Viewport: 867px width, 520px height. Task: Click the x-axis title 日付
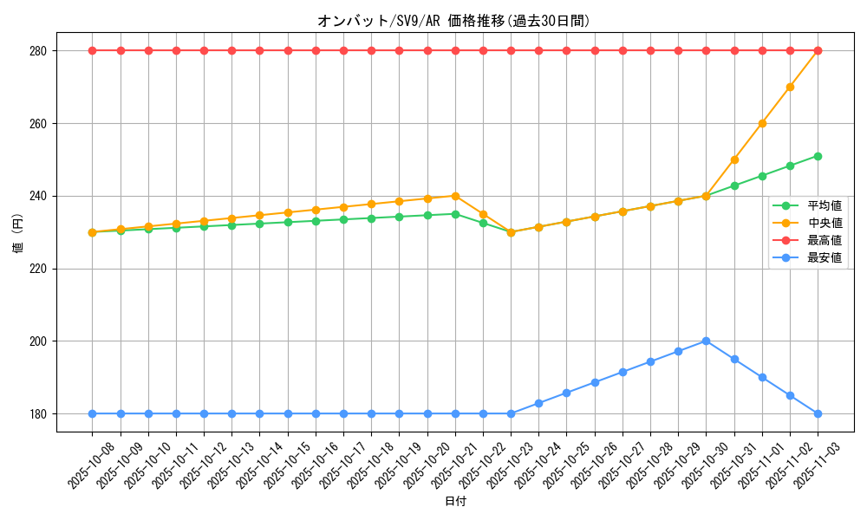tap(455, 502)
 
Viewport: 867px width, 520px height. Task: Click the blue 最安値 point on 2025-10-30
tap(706, 341)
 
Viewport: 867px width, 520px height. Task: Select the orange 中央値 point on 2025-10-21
tap(455, 196)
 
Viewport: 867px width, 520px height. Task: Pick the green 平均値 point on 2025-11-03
tap(818, 156)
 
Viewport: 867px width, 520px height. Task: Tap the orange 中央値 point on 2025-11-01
tap(762, 123)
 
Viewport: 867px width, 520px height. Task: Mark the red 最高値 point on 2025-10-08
tap(92, 50)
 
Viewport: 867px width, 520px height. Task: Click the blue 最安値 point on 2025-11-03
tap(818, 413)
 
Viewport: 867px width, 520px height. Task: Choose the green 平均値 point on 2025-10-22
tap(483, 223)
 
